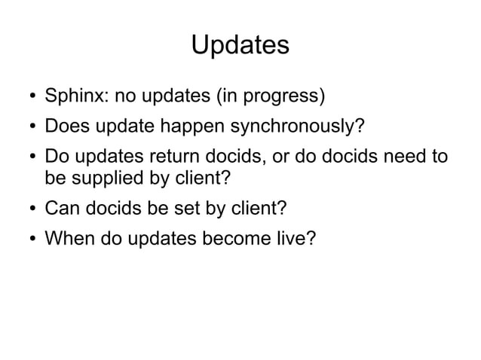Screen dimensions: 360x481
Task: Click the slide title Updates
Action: [x=240, y=44]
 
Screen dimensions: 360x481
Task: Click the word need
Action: [x=405, y=160]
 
